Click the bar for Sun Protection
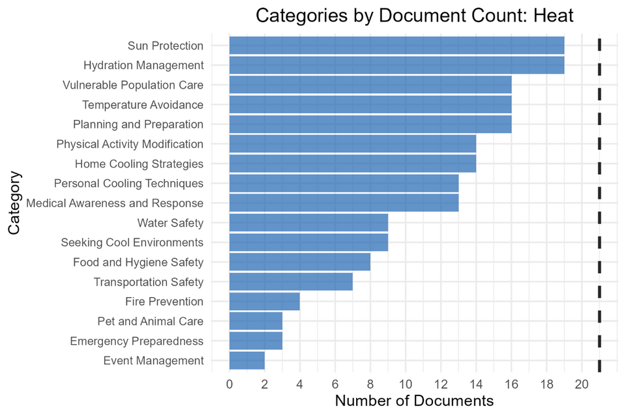coord(396,46)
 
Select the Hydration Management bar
coord(396,65)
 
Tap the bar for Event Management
coord(247,360)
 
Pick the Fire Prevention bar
coord(265,302)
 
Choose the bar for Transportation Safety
coord(291,282)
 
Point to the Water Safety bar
coord(308,223)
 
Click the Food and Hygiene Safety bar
coord(300,262)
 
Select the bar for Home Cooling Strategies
coord(353,164)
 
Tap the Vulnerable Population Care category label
coord(133,85)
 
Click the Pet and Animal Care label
coord(150,321)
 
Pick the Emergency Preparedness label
coord(136,341)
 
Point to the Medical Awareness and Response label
coord(115,203)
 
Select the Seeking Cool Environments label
coord(132,242)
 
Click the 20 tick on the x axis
coord(582,385)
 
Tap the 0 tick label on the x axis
coord(230,385)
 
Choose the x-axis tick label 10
coord(406,385)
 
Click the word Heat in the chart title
coord(551,16)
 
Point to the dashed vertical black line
coord(599,202)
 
